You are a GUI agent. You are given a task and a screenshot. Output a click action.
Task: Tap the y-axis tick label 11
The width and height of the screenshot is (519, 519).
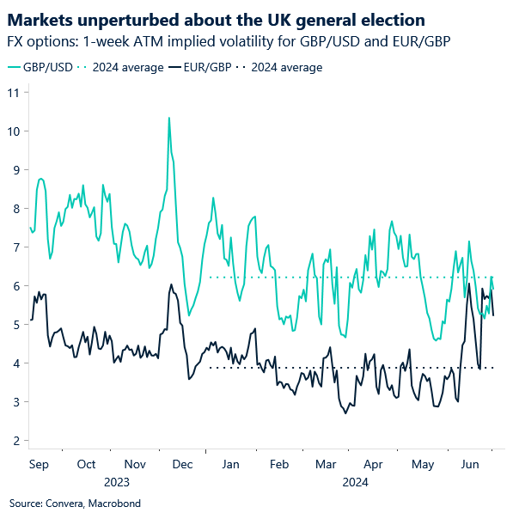point(13,92)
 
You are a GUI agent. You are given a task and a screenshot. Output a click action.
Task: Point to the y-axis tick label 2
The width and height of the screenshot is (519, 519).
point(15,441)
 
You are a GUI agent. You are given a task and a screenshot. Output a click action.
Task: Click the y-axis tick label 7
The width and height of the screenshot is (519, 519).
point(15,247)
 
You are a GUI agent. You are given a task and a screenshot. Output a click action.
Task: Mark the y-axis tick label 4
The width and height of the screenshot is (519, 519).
point(15,363)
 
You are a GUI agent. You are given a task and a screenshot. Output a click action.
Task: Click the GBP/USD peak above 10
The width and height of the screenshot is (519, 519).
point(168,118)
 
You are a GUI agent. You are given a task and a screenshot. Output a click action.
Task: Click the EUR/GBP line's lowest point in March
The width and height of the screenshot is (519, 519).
point(345,413)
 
